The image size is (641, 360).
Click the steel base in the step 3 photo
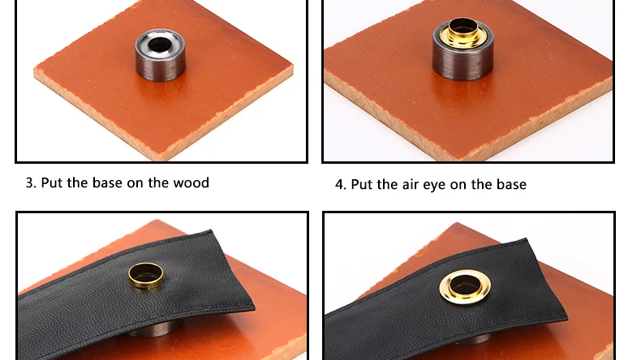coord(160,55)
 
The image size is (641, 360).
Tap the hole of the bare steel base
coord(159,44)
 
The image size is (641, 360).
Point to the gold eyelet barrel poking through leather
coord(145,276)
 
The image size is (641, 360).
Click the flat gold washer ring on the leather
coord(465,287)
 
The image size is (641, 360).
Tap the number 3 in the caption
coord(29,182)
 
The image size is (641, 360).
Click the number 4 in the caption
coord(340,185)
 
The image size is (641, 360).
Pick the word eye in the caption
coord(435,186)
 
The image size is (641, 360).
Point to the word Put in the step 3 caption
coord(52,182)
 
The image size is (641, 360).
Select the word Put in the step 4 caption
coord(362,185)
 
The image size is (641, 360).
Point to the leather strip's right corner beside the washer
coord(567,317)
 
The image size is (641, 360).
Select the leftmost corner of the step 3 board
coord(34,73)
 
